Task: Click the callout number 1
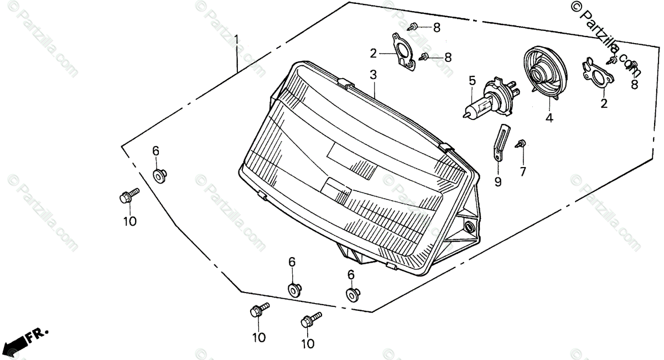(236, 40)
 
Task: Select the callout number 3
(373, 74)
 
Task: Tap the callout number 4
(549, 117)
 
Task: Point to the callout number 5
(472, 80)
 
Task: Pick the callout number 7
(522, 171)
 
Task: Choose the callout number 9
(498, 181)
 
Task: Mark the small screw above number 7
(521, 144)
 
